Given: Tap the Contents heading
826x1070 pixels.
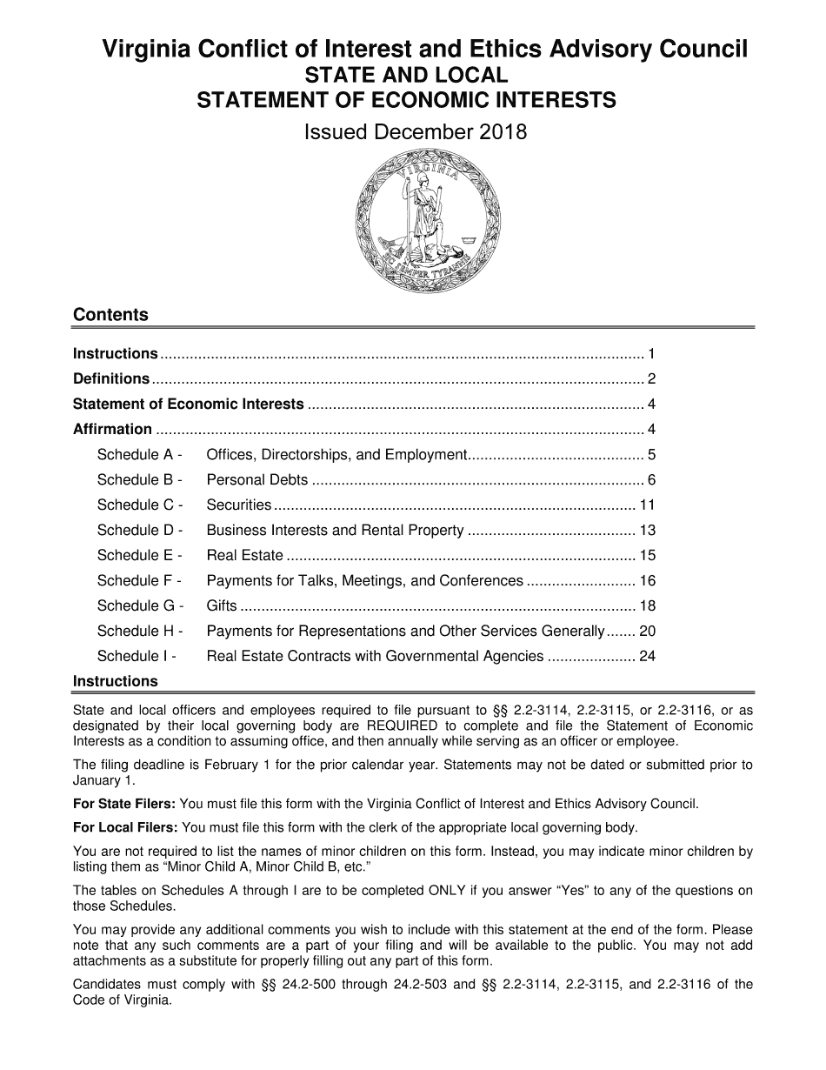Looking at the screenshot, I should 110,315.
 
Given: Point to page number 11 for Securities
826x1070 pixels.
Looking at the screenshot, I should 647,505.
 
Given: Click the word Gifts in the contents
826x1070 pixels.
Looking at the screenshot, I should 222,605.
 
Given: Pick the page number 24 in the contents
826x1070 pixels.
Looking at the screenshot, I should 647,656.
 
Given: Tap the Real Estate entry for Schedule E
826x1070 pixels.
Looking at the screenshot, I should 244,555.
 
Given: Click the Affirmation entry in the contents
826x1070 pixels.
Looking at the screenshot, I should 112,429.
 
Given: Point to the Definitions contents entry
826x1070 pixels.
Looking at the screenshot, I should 111,378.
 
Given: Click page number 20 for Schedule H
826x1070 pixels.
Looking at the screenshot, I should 647,631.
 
